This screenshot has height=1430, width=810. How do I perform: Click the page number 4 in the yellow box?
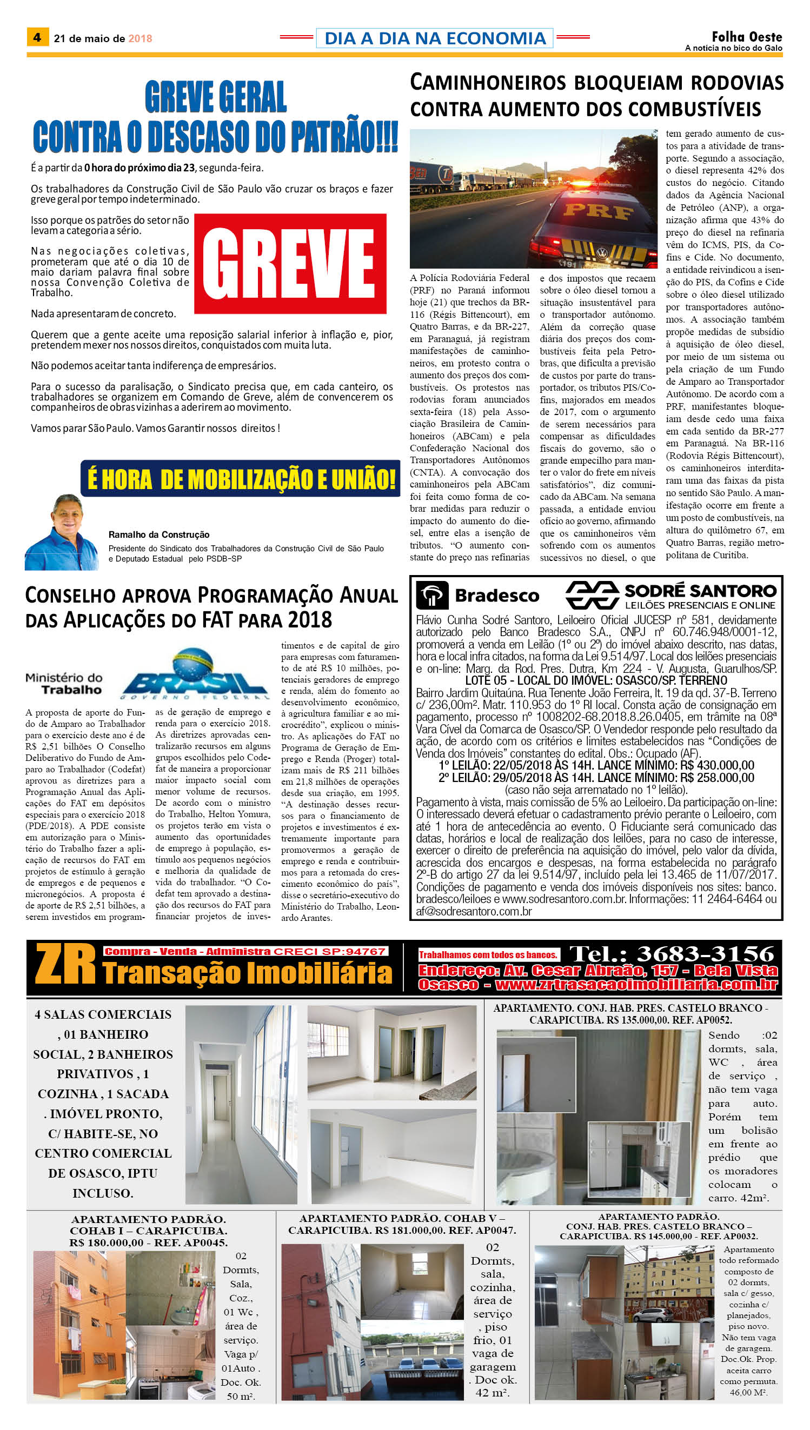pos(37,37)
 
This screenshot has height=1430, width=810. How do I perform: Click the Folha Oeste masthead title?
pos(747,37)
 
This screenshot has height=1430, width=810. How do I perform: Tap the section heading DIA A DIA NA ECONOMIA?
pos(435,38)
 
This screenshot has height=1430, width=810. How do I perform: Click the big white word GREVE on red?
pos(289,264)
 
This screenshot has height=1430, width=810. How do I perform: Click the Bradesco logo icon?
pos(432,596)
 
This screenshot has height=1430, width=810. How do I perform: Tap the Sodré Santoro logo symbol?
pos(592,595)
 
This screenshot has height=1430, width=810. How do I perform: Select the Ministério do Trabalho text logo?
pos(64,683)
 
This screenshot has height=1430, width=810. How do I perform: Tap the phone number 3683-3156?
pos(705,954)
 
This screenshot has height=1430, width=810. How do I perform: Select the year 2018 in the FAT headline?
pos(310,619)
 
